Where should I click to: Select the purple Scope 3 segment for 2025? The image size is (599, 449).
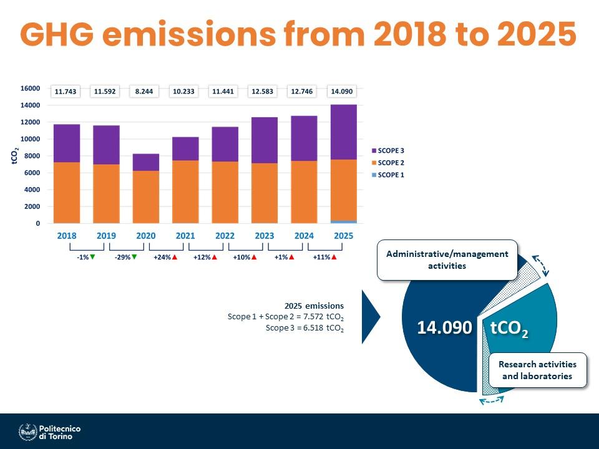click(343, 132)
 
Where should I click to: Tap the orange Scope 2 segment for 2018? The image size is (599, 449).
click(66, 192)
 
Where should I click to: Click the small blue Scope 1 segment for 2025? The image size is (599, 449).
click(343, 221)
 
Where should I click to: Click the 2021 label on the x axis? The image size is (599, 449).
click(185, 236)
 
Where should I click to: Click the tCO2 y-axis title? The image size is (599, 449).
click(15, 156)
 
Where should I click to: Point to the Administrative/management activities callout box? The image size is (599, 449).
click(447, 259)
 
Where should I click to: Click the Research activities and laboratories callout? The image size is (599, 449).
click(537, 370)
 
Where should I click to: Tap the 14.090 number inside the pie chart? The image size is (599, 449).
click(444, 328)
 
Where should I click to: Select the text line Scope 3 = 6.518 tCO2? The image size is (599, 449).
click(304, 327)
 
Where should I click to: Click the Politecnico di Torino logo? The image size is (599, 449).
click(50, 432)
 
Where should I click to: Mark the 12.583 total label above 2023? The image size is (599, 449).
click(264, 92)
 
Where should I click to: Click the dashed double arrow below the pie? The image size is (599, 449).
click(492, 400)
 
